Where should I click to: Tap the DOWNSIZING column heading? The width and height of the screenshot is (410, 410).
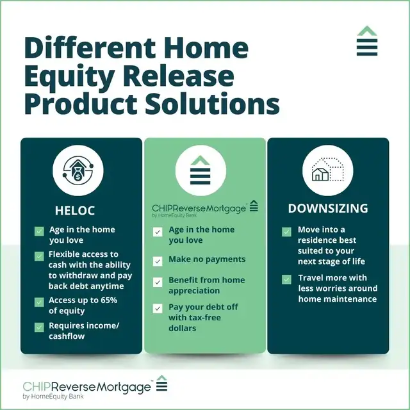[327, 208]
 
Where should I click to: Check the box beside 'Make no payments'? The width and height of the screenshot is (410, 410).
[158, 261]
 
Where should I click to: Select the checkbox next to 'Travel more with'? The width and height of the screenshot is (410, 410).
[286, 279]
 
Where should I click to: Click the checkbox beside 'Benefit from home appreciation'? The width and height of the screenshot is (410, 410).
[158, 282]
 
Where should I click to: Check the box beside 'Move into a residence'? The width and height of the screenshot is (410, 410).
[286, 231]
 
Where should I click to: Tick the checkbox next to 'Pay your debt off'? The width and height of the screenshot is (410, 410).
[158, 308]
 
